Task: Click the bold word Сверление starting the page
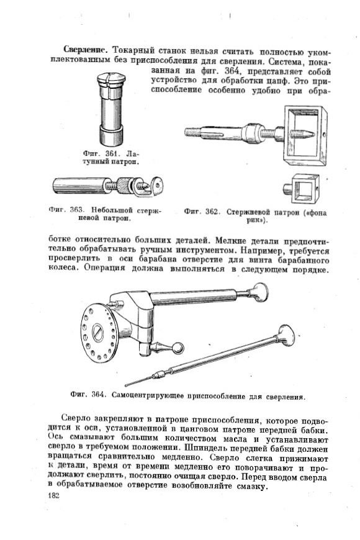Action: pos(86,50)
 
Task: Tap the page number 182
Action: pos(54,495)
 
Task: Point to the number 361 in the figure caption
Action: pos(112,153)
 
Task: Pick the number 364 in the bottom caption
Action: pos(98,395)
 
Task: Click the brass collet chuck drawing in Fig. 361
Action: pos(110,109)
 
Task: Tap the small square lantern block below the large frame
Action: pos(301,189)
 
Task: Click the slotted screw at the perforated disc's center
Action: pos(98,333)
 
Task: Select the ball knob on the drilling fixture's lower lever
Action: pos(177,348)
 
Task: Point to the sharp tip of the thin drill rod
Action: pos(126,385)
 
